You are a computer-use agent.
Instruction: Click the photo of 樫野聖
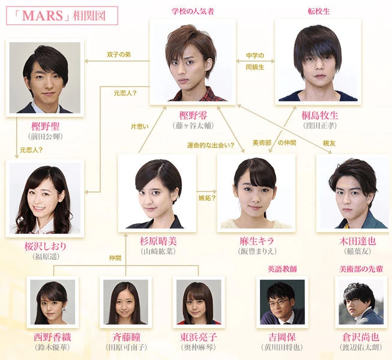pos(44,77)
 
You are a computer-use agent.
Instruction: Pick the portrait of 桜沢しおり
pos(44,199)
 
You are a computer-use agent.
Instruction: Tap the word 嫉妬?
pos(207,197)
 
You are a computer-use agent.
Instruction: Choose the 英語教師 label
pos(282,269)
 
